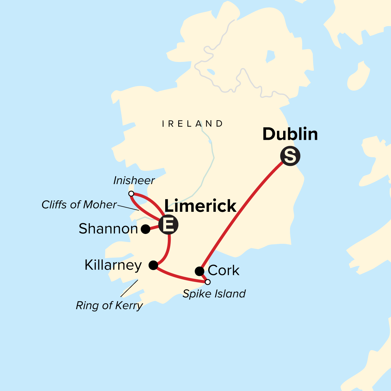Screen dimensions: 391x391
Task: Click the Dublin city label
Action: tap(290, 134)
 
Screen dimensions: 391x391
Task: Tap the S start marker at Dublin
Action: tap(290, 156)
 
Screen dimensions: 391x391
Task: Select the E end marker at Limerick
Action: tap(168, 224)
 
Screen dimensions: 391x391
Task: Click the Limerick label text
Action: tap(200, 206)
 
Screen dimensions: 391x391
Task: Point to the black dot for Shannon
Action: tap(146, 229)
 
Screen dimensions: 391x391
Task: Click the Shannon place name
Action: tap(108, 229)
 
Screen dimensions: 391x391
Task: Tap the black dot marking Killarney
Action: tap(153, 265)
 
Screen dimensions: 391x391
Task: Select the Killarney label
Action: tap(113, 265)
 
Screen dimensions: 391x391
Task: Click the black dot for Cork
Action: tap(199, 271)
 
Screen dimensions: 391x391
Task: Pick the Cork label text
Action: tap(224, 270)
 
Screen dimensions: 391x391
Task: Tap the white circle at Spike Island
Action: tap(208, 282)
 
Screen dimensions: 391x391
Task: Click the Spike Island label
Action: tap(214, 294)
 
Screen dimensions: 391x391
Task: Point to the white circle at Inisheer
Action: tap(131, 194)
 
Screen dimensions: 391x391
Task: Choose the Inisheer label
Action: tap(134, 181)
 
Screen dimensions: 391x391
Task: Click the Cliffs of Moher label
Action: tap(79, 205)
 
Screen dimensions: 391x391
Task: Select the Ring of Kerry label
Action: tap(109, 306)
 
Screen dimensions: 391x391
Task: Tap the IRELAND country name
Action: tap(193, 124)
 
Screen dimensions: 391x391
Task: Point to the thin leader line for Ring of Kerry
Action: tap(129, 288)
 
